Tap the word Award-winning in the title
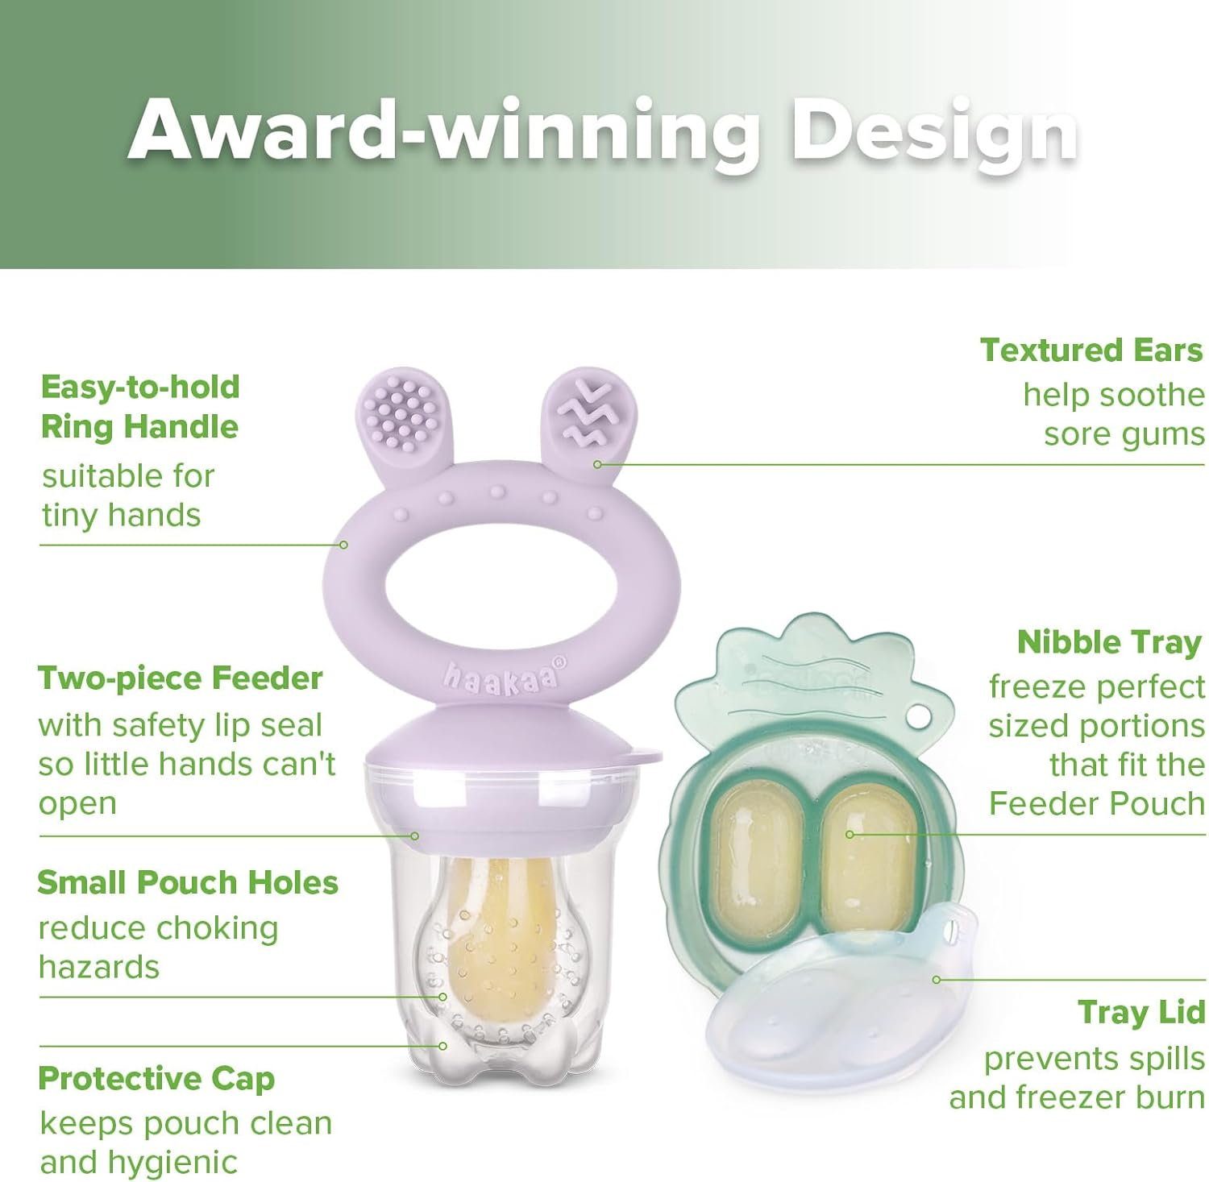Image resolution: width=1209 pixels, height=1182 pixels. pyautogui.click(x=443, y=129)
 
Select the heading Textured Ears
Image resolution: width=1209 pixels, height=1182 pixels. pyautogui.click(x=1091, y=350)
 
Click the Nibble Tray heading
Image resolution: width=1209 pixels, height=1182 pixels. pyautogui.click(x=1109, y=642)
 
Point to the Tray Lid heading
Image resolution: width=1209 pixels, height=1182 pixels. pyautogui.click(x=1141, y=1012)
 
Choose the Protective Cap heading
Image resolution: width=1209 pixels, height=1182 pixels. pyautogui.click(x=156, y=1078)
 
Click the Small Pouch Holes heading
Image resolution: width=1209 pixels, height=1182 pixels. pyautogui.click(x=188, y=882)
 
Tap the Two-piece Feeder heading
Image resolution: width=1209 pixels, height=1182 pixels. pyautogui.click(x=180, y=678)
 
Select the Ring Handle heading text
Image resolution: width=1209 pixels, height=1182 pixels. pyautogui.click(x=139, y=426)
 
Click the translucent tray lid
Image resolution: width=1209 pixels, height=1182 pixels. pyautogui.click(x=838, y=1015)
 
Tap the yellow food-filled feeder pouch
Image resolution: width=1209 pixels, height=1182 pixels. pyautogui.click(x=500, y=943)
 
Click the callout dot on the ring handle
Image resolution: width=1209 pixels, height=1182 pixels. pyautogui.click(x=343, y=545)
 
